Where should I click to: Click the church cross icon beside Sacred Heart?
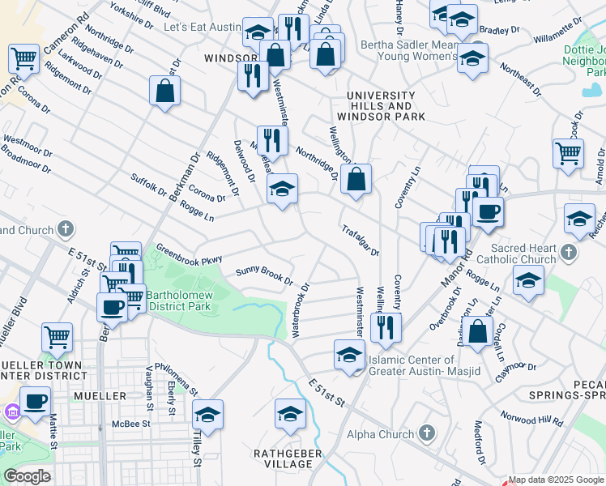point(569,253)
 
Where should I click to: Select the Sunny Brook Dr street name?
point(264,276)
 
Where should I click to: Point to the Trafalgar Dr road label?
point(360,240)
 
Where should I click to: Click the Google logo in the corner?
point(26,476)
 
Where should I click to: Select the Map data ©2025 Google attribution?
point(556,480)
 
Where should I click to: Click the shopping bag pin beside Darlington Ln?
point(479,330)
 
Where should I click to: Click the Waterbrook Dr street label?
point(300,310)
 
